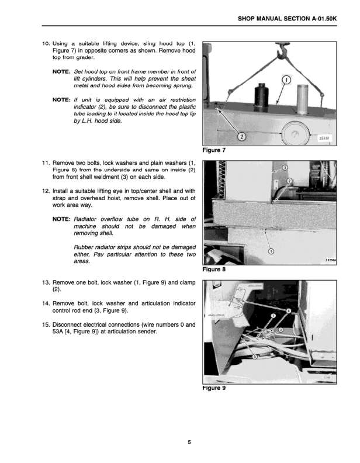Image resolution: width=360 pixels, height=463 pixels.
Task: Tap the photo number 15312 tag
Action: tap(325, 138)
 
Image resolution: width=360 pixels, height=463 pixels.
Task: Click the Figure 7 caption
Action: tap(214, 151)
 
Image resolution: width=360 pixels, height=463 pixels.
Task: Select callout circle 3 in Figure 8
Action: tap(285, 168)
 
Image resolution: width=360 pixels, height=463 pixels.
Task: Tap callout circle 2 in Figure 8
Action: tap(289, 181)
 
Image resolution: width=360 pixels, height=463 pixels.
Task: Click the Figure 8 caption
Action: tap(214, 270)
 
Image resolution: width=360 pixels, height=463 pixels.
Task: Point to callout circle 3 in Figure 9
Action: tap(254, 356)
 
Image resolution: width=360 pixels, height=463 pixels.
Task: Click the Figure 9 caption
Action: tap(214, 388)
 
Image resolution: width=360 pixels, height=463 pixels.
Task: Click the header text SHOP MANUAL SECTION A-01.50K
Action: tap(288, 19)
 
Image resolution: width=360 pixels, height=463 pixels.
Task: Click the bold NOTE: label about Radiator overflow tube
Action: tap(61, 219)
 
